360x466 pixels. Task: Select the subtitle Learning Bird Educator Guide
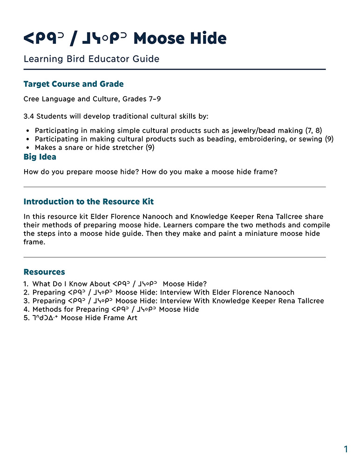tap(91, 59)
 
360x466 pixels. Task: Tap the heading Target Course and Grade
tap(73, 84)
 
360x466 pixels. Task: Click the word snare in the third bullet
tap(78, 148)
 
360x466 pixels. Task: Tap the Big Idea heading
tap(40, 157)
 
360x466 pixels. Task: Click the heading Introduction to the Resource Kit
tap(88, 202)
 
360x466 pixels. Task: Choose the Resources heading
tap(44, 272)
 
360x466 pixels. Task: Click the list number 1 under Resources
tap(26, 284)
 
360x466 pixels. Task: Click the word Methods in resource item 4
tap(47, 309)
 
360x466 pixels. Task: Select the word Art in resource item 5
tap(131, 318)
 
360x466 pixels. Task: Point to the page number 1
tap(346, 449)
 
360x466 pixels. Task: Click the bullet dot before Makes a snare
tap(28, 148)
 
